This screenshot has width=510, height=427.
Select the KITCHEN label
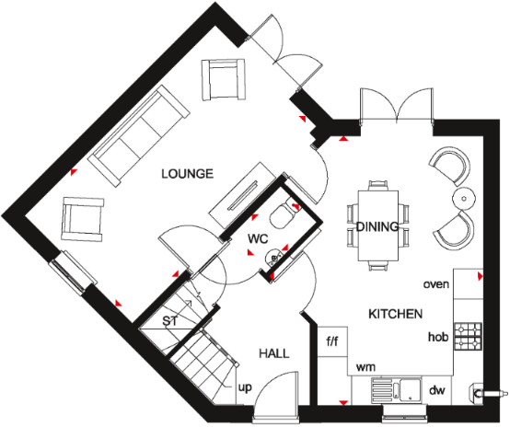pos(396,314)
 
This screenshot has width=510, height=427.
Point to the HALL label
pos(273,353)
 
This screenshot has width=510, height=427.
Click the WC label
pos(257,239)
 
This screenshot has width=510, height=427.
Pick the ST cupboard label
pos(169,321)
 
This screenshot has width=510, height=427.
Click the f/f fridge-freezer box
pos(333,341)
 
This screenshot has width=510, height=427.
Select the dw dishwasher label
pos(437,390)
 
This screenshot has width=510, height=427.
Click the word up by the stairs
pos(245,387)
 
